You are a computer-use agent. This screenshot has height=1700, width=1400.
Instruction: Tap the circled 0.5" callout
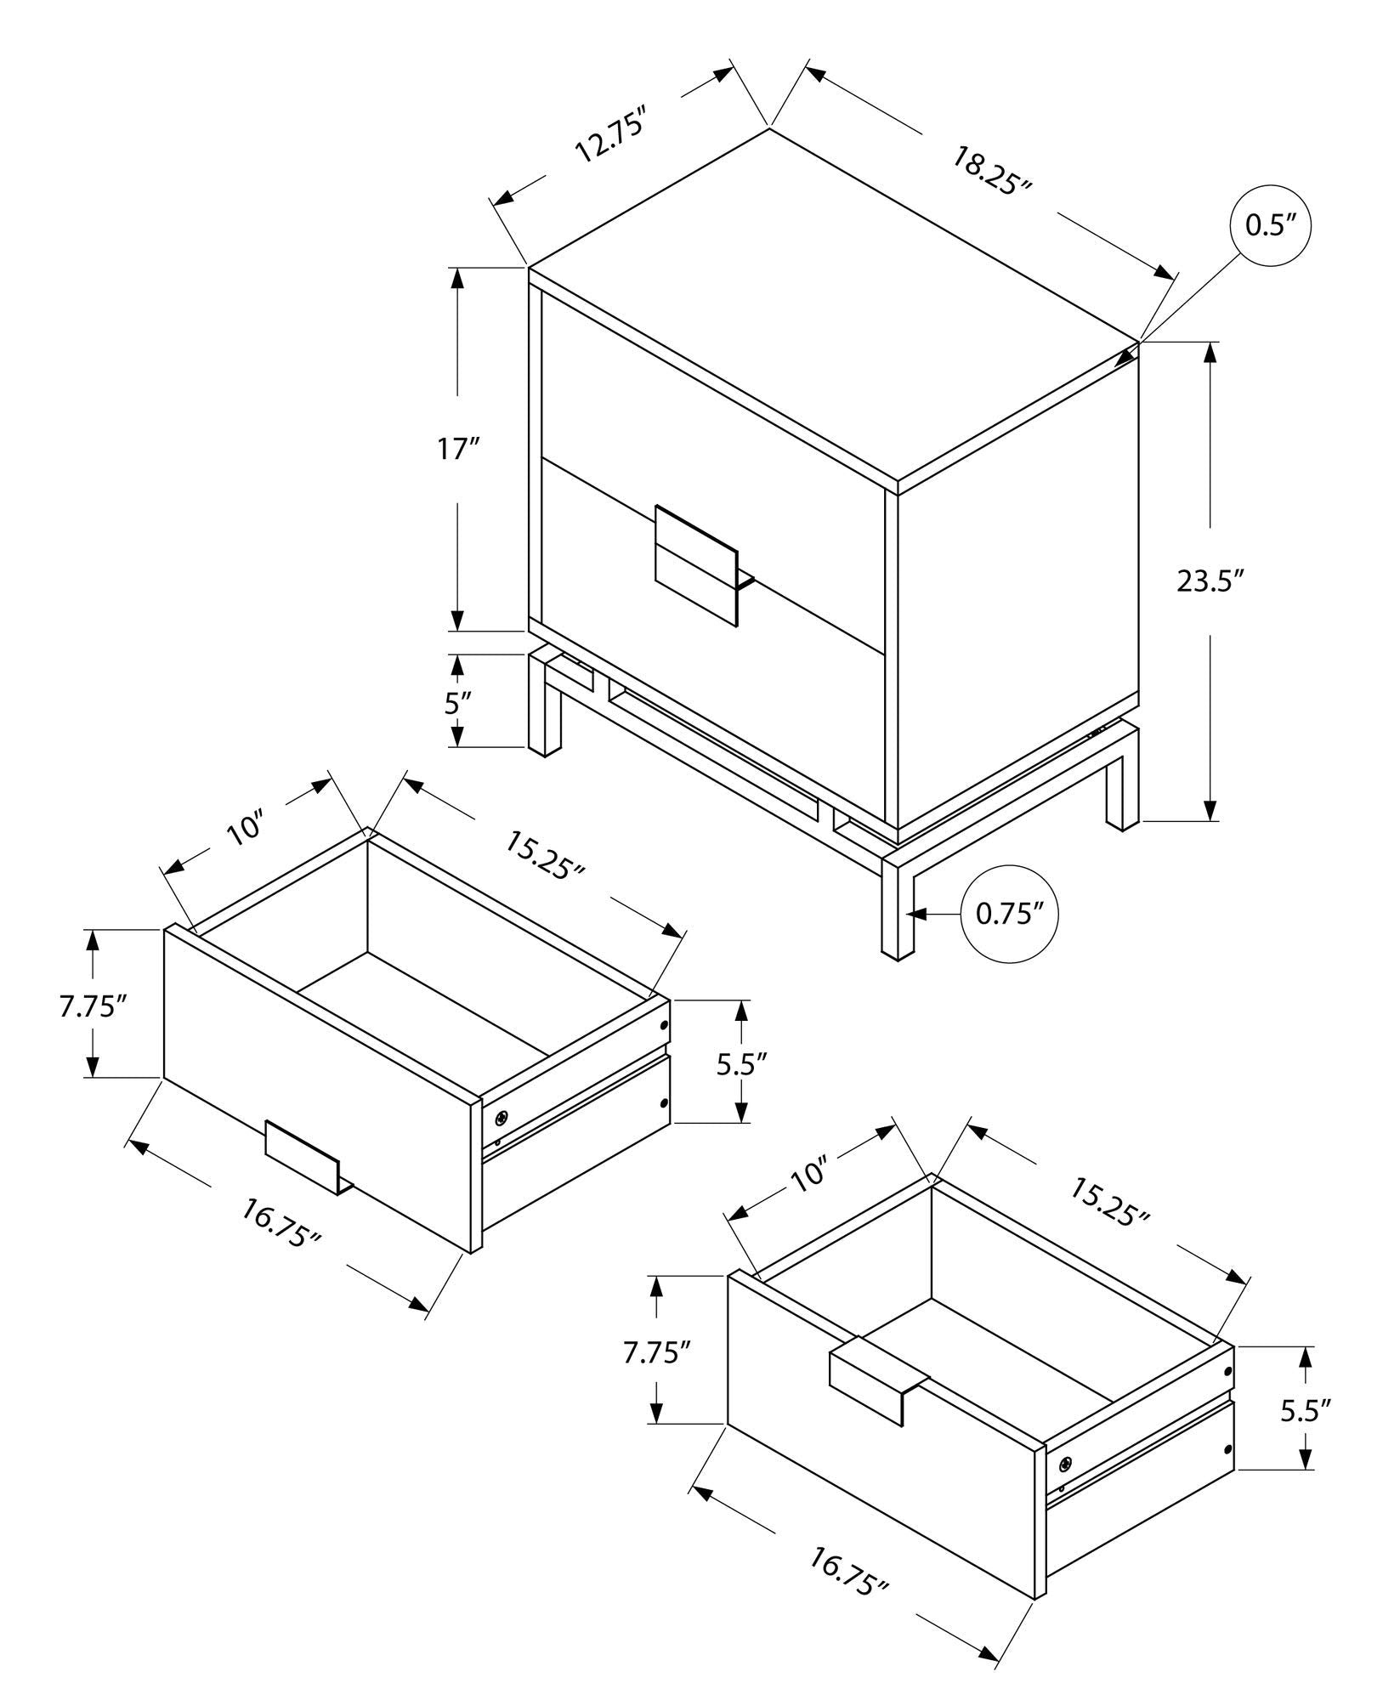coord(1270,225)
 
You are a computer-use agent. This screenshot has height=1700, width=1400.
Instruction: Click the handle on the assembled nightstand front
coord(696,564)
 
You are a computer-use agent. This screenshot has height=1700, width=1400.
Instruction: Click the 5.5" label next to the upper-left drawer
coord(742,1063)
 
